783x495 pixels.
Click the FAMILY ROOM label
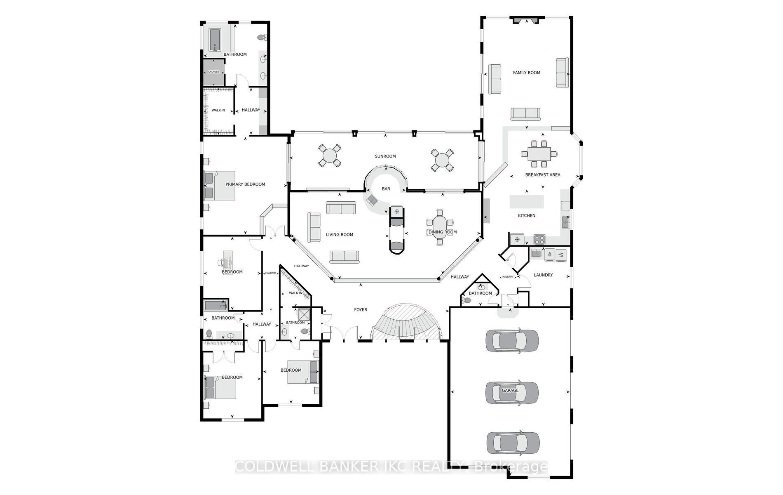tap(526, 73)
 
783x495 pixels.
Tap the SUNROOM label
tap(385, 156)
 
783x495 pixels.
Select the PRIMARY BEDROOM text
tap(245, 184)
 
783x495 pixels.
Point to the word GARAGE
tap(510, 390)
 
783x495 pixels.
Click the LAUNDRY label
tap(543, 275)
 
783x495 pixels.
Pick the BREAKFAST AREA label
tap(543, 175)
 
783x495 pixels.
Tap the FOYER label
tap(361, 310)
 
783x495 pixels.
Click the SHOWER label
tap(213, 72)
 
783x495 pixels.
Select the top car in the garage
tap(512, 340)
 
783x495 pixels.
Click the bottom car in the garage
tap(513, 442)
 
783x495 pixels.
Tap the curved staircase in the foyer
tap(406, 322)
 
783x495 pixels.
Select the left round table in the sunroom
tap(330, 156)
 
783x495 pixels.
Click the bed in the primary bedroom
tap(220, 186)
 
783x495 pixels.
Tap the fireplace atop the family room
tap(525, 20)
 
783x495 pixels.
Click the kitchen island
tap(527, 202)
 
